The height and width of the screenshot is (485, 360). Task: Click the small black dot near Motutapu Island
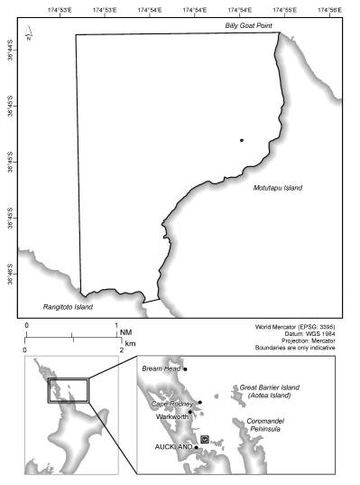tap(242, 140)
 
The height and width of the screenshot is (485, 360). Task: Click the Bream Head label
tap(160, 368)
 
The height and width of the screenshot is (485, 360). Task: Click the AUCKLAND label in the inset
tap(173, 447)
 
